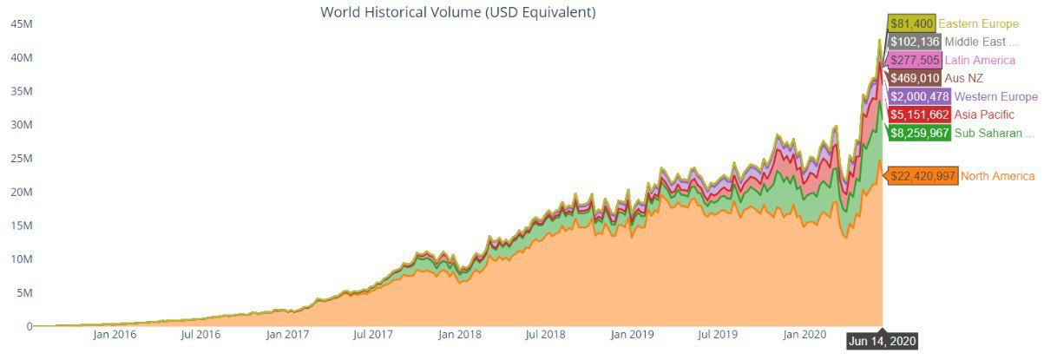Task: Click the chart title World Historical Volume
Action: pyautogui.click(x=458, y=12)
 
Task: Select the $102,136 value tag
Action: pyautogui.click(x=913, y=42)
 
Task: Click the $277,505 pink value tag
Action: pyautogui.click(x=913, y=60)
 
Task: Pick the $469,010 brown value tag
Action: pyautogui.click(x=913, y=78)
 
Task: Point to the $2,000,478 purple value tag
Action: pyautogui.click(x=919, y=96)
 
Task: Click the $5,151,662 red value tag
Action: pyautogui.click(x=919, y=115)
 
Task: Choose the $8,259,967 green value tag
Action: pyautogui.click(x=919, y=133)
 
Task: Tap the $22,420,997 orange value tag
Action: pyautogui.click(x=923, y=176)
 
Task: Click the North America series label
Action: pyautogui.click(x=997, y=176)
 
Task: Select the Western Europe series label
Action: pyautogui.click(x=995, y=96)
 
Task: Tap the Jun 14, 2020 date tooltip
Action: pyautogui.click(x=882, y=340)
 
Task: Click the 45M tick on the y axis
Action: pyautogui.click(x=22, y=24)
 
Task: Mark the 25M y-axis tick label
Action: pyautogui.click(x=22, y=159)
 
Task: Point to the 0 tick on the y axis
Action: pyautogui.click(x=29, y=326)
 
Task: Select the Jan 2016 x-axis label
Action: pyautogui.click(x=113, y=333)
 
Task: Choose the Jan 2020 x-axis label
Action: pyautogui.click(x=804, y=333)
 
